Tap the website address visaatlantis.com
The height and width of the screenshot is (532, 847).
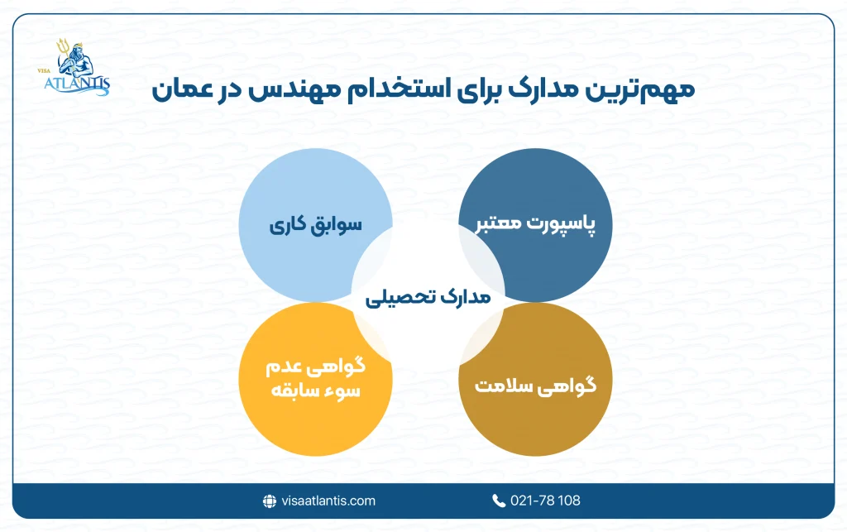tap(328, 501)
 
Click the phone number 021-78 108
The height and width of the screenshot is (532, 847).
tap(543, 501)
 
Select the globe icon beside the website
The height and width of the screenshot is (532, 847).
tap(269, 501)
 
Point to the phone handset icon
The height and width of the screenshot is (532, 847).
tap(498, 501)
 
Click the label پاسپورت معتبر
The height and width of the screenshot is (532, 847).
tap(535, 225)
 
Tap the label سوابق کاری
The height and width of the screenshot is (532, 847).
tap(315, 225)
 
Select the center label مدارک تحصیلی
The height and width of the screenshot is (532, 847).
tap(428, 297)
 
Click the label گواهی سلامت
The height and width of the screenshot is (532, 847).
tap(535, 386)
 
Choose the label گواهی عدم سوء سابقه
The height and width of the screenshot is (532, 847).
tap(315, 377)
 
